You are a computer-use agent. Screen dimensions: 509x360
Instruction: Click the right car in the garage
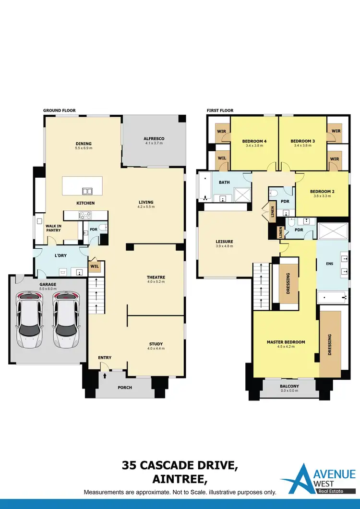[66, 320]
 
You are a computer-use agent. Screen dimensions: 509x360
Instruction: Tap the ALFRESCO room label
[154, 139]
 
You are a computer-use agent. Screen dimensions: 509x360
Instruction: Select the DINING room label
[84, 144]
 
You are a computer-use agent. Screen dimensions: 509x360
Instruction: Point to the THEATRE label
[156, 277]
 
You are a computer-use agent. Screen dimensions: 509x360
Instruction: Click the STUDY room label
[156, 344]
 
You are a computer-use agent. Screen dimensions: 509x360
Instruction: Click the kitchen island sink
[87, 191]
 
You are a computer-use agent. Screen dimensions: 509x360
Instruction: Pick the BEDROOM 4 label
[254, 141]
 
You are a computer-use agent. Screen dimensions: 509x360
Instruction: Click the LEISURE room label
[224, 241]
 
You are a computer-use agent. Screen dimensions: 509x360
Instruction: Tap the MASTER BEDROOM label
[286, 342]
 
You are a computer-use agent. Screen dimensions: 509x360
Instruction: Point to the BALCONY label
[289, 386]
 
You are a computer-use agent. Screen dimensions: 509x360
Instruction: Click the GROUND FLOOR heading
[59, 110]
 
